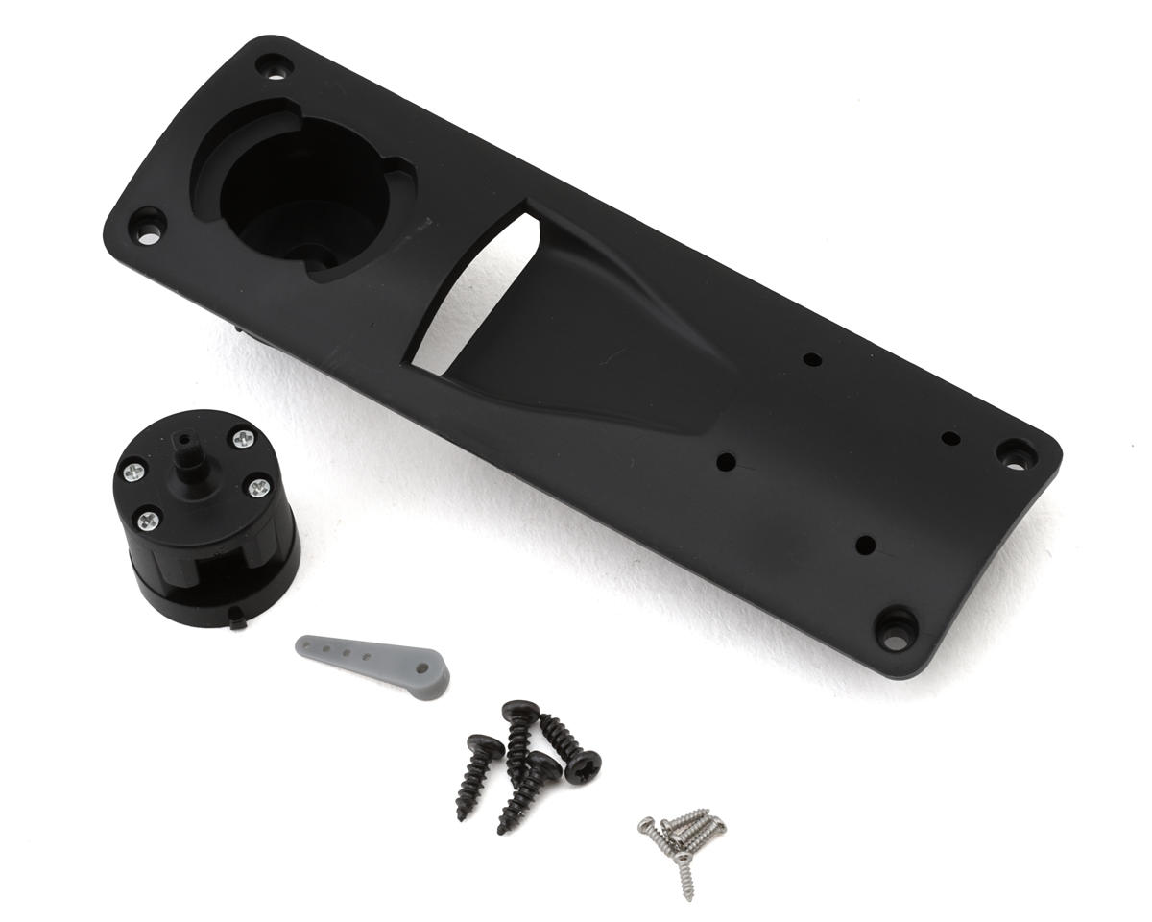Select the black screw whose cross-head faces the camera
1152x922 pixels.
pyautogui.click(x=582, y=765)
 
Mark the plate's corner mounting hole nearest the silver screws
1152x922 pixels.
pyautogui.click(x=895, y=629)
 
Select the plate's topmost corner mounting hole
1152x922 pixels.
pyautogui.click(x=274, y=66)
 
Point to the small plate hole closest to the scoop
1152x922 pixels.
pyautogui.click(x=726, y=462)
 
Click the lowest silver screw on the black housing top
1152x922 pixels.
pyautogui.click(x=148, y=521)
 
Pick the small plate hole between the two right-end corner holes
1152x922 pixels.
pyautogui.click(x=950, y=439)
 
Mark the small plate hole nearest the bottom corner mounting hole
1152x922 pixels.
pyautogui.click(x=865, y=545)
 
